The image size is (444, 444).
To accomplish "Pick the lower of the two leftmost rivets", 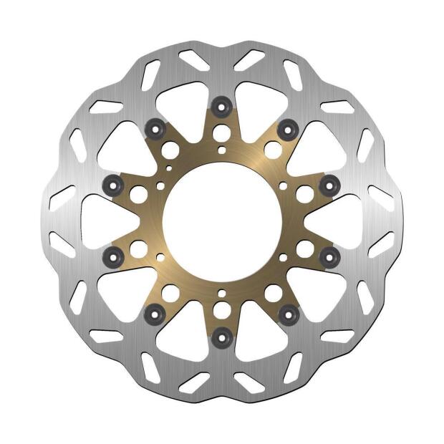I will point(113,255).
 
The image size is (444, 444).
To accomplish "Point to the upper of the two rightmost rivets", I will point(329,185).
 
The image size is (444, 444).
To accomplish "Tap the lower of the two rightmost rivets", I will point(329,255).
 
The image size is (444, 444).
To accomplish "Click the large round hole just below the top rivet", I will point(222,132).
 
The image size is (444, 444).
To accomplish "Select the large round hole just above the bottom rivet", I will point(222,310).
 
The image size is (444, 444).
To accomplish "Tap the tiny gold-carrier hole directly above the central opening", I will point(222,150).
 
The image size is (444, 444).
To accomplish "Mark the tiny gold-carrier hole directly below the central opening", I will point(222,293).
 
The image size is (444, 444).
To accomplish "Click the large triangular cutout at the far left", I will point(100,221).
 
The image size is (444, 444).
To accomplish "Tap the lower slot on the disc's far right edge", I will point(381,245).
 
